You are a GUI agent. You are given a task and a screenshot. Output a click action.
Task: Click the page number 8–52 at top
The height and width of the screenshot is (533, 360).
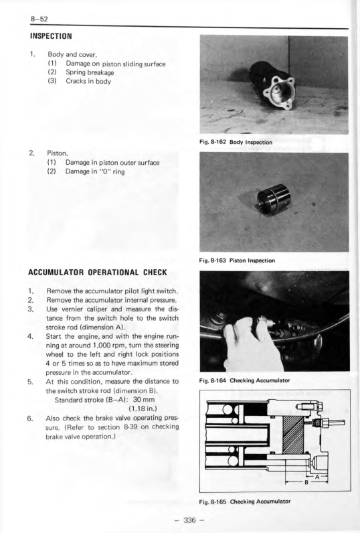click(39, 19)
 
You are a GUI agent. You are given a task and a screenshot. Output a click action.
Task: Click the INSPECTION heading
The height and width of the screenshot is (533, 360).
click(51, 36)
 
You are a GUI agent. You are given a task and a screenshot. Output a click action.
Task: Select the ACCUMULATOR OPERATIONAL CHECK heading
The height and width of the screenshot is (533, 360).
click(98, 273)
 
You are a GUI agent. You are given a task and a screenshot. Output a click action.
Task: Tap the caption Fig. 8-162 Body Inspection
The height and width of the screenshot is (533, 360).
click(236, 142)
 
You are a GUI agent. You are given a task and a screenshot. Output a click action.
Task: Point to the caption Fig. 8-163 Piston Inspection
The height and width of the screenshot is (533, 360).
click(237, 260)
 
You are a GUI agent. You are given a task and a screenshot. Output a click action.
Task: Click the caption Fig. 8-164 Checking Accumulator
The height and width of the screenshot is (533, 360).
click(244, 380)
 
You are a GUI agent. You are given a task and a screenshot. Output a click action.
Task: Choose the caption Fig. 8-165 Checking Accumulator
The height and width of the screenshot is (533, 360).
click(245, 501)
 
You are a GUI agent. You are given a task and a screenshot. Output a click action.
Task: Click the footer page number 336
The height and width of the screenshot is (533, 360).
click(189, 520)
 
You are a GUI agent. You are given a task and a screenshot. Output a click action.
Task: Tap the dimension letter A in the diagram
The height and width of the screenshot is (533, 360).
click(317, 477)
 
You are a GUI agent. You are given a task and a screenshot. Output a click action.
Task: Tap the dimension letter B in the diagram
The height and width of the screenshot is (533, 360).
click(306, 482)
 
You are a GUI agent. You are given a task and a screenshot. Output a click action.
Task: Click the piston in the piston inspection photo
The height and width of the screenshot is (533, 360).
click(274, 199)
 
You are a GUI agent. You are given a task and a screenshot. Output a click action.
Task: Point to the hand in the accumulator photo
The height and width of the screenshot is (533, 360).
click(252, 344)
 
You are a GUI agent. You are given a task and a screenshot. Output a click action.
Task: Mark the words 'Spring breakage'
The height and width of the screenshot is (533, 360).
click(90, 72)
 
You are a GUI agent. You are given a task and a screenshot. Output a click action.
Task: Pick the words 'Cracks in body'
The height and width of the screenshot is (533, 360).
click(88, 81)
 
